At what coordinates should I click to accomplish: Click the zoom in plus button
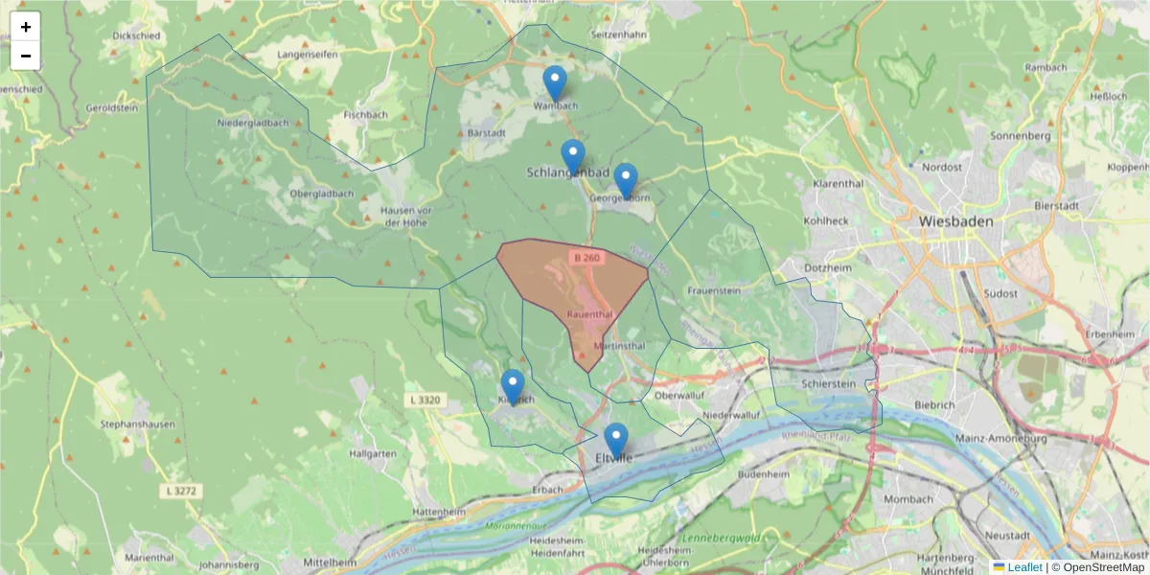pos(26,27)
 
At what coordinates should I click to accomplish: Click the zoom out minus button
pos(26,56)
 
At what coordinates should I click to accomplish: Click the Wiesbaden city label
pos(955,220)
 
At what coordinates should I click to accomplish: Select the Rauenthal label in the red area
pos(589,313)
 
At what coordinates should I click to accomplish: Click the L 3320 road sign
pos(425,399)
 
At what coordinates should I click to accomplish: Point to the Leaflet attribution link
pos(1023,567)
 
